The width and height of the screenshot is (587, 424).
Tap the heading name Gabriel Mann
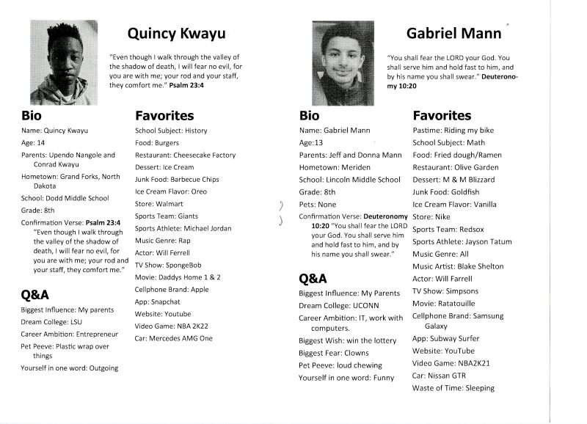[x=453, y=33]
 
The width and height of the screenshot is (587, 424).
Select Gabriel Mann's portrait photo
[x=340, y=59]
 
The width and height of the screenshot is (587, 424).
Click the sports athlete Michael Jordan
[x=204, y=228]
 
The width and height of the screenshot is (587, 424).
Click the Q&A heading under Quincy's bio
[x=35, y=294]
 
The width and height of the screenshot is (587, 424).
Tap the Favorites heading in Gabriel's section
[x=442, y=115]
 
